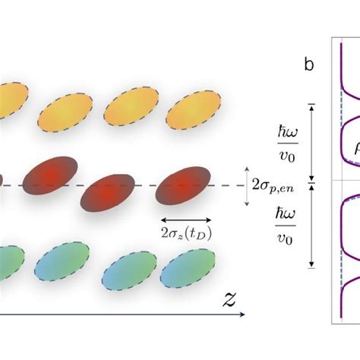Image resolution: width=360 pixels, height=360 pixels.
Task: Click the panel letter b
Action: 309,64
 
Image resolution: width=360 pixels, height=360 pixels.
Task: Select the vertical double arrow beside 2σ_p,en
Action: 248,185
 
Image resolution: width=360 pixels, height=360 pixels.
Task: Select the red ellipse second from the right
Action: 110,196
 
